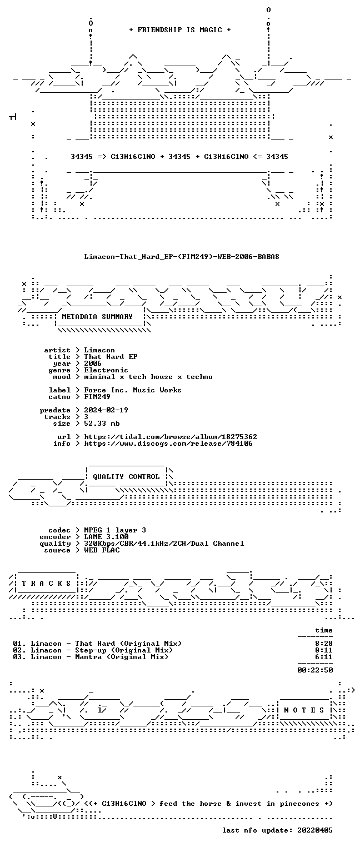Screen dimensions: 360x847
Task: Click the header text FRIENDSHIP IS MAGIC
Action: pyautogui.click(x=179, y=30)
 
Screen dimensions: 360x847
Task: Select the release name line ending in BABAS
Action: pyautogui.click(x=182, y=257)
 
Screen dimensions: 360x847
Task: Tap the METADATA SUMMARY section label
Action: pyautogui.click(x=97, y=317)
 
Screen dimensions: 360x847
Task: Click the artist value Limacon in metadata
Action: pyautogui.click(x=99, y=350)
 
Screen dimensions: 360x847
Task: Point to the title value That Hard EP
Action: pyautogui.click(x=111, y=357)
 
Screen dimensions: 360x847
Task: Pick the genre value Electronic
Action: pyautogui.click(x=106, y=370)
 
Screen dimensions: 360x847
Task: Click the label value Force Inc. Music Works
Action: pyautogui.click(x=132, y=390)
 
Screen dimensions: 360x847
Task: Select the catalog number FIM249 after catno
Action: pyautogui.click(x=97, y=397)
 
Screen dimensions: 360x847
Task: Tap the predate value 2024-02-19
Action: pyautogui.click(x=106, y=410)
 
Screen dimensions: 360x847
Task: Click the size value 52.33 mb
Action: pyautogui.click(x=102, y=423)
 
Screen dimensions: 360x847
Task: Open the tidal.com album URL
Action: pyautogui.click(x=170, y=437)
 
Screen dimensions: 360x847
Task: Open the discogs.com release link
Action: pyautogui.click(x=168, y=444)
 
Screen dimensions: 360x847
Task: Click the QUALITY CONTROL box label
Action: pyautogui.click(x=126, y=477)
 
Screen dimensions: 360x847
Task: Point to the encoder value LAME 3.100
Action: pyautogui.click(x=106, y=537)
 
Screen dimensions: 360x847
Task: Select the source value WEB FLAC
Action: pyautogui.click(x=102, y=550)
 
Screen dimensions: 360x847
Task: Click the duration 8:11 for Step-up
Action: pyautogui.click(x=324, y=650)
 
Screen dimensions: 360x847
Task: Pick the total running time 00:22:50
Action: pyautogui.click(x=315, y=670)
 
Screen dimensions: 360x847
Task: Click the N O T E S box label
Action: pyautogui.click(x=304, y=710)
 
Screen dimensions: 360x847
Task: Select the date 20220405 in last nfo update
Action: pyautogui.click(x=315, y=830)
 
